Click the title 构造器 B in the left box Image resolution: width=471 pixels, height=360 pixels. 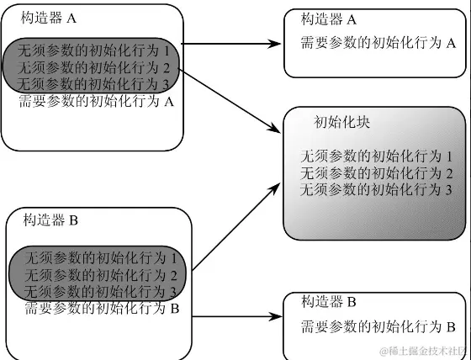click(x=52, y=221)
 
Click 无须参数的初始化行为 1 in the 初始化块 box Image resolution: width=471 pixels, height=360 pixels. click(x=377, y=156)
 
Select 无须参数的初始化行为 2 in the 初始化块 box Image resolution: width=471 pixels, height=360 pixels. click(x=377, y=173)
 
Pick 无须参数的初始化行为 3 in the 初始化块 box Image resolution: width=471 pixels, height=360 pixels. click(x=377, y=190)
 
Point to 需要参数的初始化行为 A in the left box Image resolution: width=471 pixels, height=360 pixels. click(x=96, y=101)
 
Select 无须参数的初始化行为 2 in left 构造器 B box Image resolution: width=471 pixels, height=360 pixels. click(x=101, y=275)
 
